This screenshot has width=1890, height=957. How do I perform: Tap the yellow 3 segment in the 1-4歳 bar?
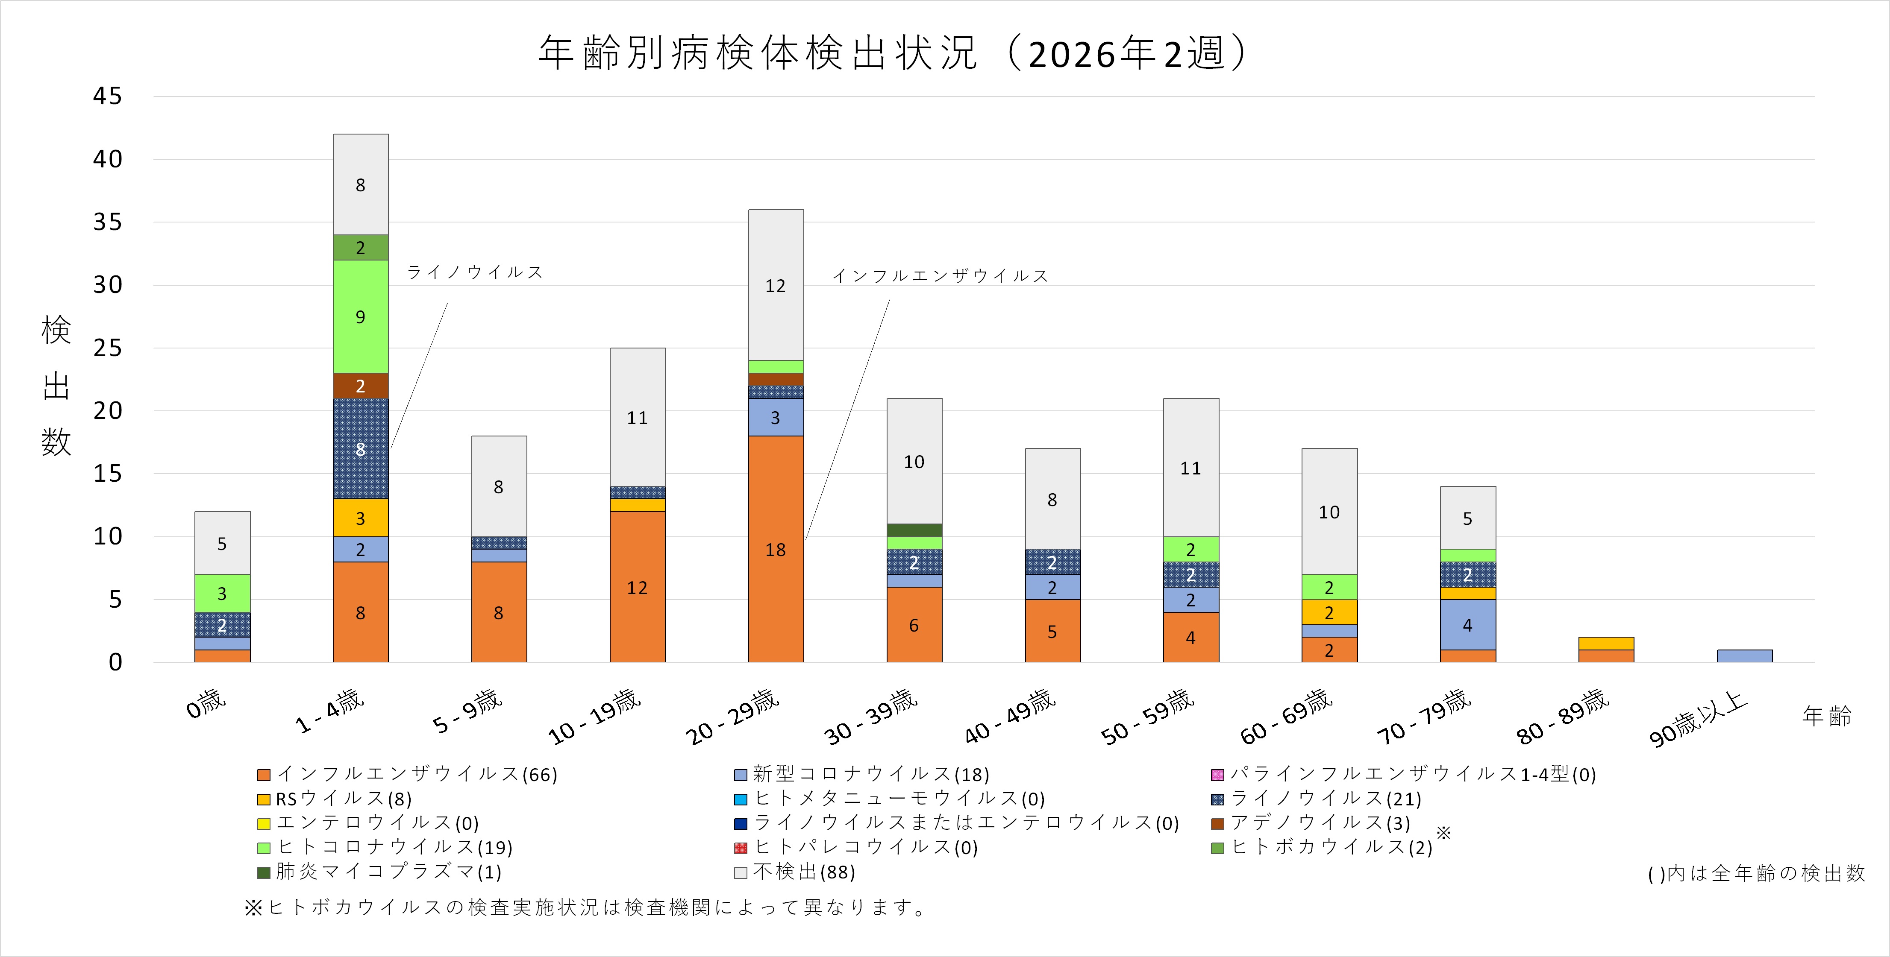360,518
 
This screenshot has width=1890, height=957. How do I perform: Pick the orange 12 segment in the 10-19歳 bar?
637,587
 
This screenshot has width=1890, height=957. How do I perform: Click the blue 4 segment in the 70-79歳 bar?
1467,625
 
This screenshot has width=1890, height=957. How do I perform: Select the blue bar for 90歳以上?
1744,656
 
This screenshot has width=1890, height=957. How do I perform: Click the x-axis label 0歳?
206,704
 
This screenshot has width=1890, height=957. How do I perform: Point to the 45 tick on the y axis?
107,96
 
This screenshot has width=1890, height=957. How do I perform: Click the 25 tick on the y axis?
107,348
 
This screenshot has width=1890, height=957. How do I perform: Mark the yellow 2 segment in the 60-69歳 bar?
1329,612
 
